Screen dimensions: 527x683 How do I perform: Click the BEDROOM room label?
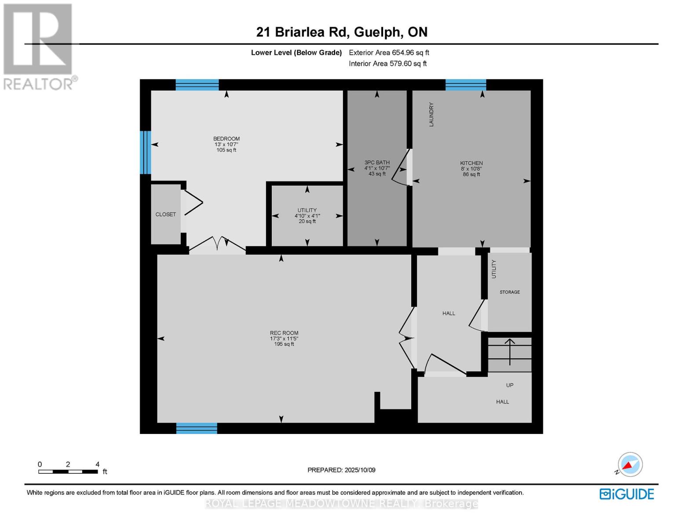[226, 139]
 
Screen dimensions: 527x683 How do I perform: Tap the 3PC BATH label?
[377, 162]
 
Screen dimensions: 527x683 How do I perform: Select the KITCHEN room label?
[471, 163]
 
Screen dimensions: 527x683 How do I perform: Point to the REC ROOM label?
[284, 333]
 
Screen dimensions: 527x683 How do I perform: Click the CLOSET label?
[165, 214]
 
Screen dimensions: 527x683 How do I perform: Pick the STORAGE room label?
[510, 292]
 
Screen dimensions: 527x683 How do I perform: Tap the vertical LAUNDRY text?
[431, 115]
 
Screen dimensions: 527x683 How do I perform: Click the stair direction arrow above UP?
[510, 351]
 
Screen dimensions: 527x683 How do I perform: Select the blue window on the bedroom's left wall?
[146, 152]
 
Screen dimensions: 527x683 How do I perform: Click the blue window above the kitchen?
[466, 85]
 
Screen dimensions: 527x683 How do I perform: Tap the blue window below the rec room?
[197, 428]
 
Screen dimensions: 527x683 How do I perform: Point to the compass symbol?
[630, 465]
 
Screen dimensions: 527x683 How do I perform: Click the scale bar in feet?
[68, 472]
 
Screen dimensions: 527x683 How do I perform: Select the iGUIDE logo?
[627, 494]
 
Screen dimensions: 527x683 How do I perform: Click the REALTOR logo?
[39, 46]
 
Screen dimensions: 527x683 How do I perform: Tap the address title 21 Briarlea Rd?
[342, 32]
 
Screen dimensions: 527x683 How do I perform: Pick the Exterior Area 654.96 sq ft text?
[389, 53]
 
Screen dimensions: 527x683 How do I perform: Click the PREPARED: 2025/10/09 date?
[341, 470]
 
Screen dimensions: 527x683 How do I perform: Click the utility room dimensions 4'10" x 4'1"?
[307, 216]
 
